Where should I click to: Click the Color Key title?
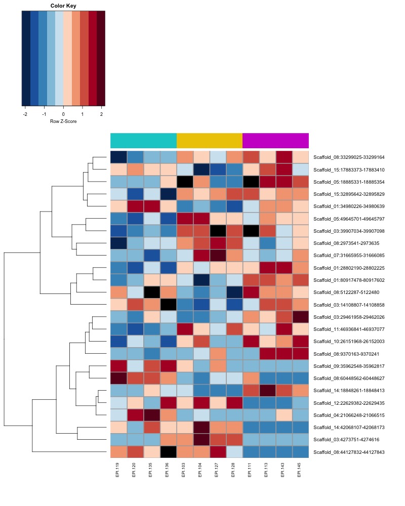coord(63,6)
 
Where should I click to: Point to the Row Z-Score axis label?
coord(63,122)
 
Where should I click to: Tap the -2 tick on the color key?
coord(25,114)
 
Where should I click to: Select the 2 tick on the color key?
coord(101,114)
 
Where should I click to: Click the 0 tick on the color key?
coord(63,114)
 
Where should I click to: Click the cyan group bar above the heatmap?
coord(143,140)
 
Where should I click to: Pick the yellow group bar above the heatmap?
coord(210,140)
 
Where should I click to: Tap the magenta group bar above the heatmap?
coord(275,140)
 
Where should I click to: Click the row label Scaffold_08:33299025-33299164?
coord(349,157)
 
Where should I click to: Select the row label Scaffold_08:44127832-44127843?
coord(349,452)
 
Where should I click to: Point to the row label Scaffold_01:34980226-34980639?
coord(349,206)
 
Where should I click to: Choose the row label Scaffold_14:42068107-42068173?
coord(349,428)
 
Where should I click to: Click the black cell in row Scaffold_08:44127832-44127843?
coord(168,452)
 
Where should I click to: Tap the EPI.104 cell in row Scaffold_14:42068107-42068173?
coord(201,428)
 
